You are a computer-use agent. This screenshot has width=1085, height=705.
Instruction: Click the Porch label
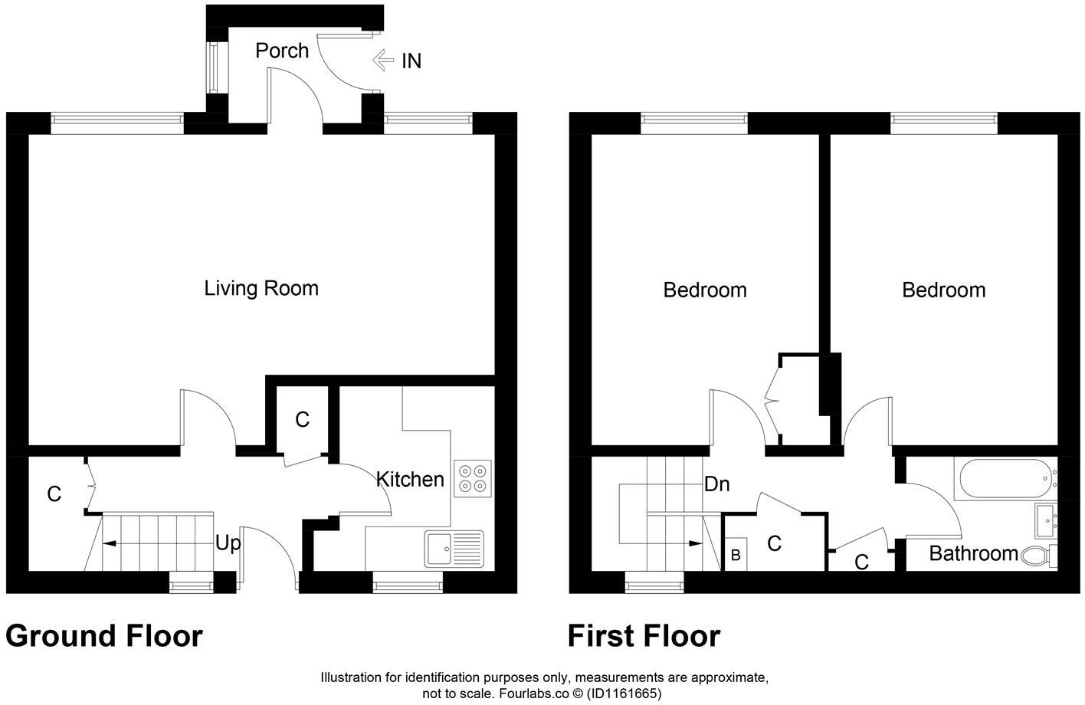[x=282, y=51]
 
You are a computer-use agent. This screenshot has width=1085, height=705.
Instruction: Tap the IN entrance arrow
[x=383, y=61]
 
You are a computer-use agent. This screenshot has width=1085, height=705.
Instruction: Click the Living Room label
[x=261, y=288]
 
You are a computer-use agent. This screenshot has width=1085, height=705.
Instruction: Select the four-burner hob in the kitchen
[x=473, y=478]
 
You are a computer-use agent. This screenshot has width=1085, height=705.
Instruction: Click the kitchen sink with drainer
[x=454, y=549]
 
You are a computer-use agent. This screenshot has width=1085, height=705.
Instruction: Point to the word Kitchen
[x=410, y=480]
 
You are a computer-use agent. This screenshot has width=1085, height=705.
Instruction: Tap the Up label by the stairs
[x=228, y=543]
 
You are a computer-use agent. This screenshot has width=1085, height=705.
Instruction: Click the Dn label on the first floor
[x=717, y=484]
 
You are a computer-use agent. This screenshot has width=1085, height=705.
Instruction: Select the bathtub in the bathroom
[x=1005, y=479]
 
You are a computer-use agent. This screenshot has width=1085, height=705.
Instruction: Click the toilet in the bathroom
[x=1039, y=556]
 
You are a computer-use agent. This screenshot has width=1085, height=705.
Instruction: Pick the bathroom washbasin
[x=1046, y=521]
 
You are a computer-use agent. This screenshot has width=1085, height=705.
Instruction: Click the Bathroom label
[x=974, y=553]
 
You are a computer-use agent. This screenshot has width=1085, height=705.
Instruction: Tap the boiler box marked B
[x=736, y=554]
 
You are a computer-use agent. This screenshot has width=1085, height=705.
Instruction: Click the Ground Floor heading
[x=104, y=636]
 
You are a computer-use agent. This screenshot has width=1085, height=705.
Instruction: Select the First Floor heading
[x=644, y=636]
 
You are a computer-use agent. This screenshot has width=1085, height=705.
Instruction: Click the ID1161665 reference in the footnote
[x=624, y=694]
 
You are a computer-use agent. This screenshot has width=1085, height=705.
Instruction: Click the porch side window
[x=212, y=67]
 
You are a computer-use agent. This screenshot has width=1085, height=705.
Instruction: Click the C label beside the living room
[x=302, y=420]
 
